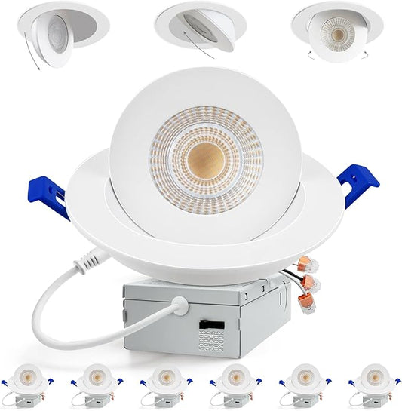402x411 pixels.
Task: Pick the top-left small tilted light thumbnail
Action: point(69,29)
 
